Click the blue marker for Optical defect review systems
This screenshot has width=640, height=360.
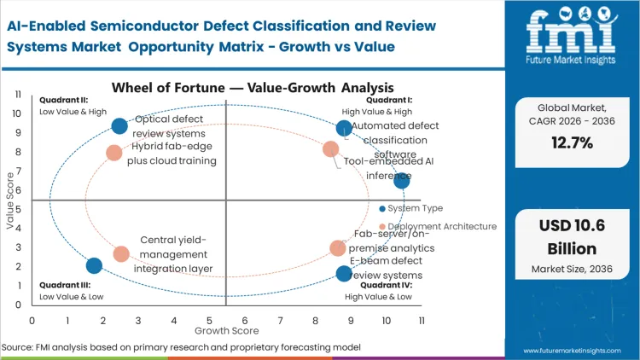(x=119, y=126)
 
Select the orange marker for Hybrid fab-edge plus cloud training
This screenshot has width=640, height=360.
(x=114, y=153)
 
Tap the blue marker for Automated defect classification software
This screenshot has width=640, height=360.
(x=344, y=129)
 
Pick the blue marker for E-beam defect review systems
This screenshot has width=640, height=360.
(x=344, y=274)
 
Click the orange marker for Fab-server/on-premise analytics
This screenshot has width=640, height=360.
(x=338, y=248)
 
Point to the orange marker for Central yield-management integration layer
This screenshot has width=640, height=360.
(x=121, y=254)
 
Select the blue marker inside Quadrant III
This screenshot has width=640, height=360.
(x=94, y=265)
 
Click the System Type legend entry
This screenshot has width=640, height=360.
(x=414, y=208)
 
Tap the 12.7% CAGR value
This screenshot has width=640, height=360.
(x=572, y=143)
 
